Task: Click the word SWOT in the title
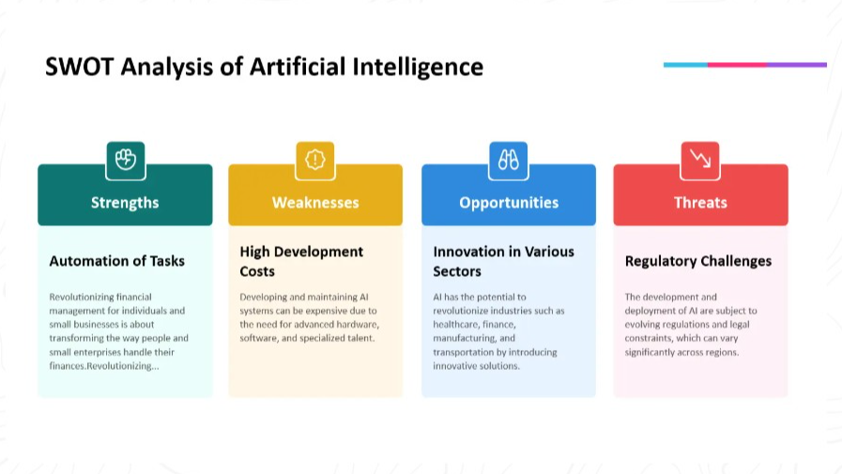80,67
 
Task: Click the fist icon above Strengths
126,160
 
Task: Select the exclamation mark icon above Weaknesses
315,160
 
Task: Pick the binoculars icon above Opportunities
509,160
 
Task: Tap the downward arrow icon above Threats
700,159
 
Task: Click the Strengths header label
125,203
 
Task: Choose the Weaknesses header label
315,203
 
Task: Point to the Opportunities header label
509,203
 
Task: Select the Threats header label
701,203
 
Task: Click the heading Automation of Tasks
117,261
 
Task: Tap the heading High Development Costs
302,262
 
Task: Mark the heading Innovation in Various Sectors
504,262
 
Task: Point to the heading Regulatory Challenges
698,262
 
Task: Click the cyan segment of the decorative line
686,65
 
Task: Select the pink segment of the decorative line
737,65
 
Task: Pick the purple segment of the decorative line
797,65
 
